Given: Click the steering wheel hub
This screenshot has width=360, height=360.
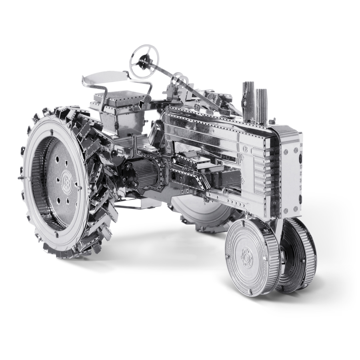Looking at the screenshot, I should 142,61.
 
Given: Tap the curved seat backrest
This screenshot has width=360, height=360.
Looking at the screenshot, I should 104,76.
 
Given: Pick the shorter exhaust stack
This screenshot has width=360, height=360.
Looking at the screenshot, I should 261,105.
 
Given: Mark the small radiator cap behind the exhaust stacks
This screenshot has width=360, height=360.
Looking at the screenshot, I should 272,120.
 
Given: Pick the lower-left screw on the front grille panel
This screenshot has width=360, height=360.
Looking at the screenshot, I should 285,210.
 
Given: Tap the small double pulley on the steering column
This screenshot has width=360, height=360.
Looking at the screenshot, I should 177,78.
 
